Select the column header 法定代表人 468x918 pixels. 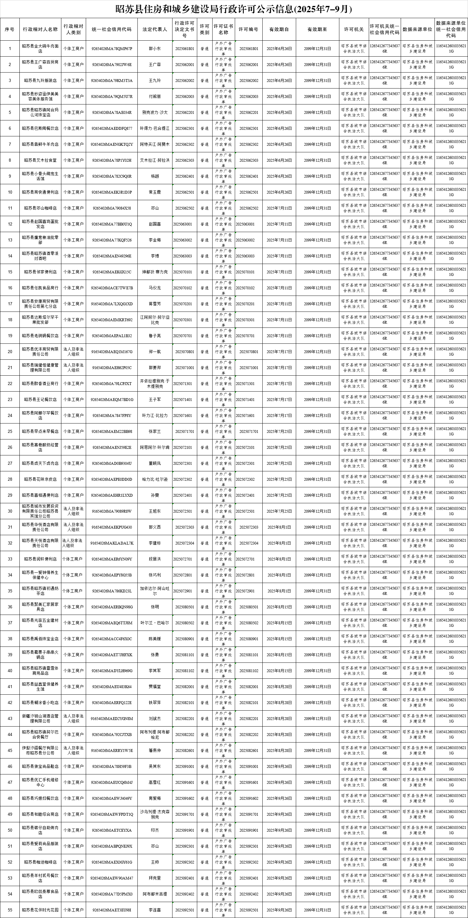click(155, 29)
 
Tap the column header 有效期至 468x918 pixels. click(317, 29)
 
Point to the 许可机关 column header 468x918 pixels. click(353, 29)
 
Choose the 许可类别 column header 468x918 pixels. click(204, 29)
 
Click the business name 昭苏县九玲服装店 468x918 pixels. click(40, 80)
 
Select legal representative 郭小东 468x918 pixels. click(155, 48)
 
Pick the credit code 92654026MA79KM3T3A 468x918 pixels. click(112, 80)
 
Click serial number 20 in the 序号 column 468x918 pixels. click(10, 352)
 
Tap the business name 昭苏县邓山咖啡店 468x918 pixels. click(40, 208)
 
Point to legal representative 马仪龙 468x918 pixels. click(155, 288)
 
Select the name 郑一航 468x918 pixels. click(155, 352)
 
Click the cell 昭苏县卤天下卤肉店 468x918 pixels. click(40, 463)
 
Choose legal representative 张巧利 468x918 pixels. click(155, 575)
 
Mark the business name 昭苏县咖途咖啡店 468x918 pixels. click(40, 862)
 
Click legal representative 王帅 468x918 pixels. click(155, 862)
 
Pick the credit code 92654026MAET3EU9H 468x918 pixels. click(112, 910)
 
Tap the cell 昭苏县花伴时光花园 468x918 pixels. click(40, 910)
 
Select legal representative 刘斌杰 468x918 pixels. click(155, 718)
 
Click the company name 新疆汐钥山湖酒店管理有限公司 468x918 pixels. click(40, 718)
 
